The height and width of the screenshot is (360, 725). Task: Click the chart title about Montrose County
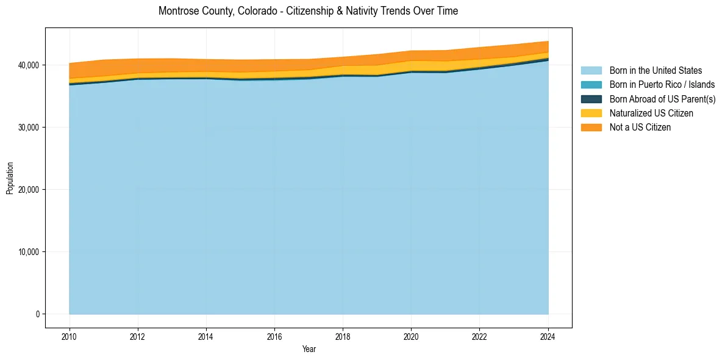pyautogui.click(x=308, y=11)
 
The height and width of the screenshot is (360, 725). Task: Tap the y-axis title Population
pyautogui.click(x=10, y=178)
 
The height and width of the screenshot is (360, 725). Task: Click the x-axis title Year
pyautogui.click(x=309, y=349)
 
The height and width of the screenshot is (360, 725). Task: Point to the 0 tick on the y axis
pyautogui.click(x=38, y=314)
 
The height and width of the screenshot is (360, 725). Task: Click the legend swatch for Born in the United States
pyautogui.click(x=591, y=71)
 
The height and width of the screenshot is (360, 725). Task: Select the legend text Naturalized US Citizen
pyautogui.click(x=651, y=113)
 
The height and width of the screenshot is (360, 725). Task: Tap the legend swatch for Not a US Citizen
pyautogui.click(x=591, y=128)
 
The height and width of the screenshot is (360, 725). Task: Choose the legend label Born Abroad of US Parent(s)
pyautogui.click(x=662, y=99)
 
